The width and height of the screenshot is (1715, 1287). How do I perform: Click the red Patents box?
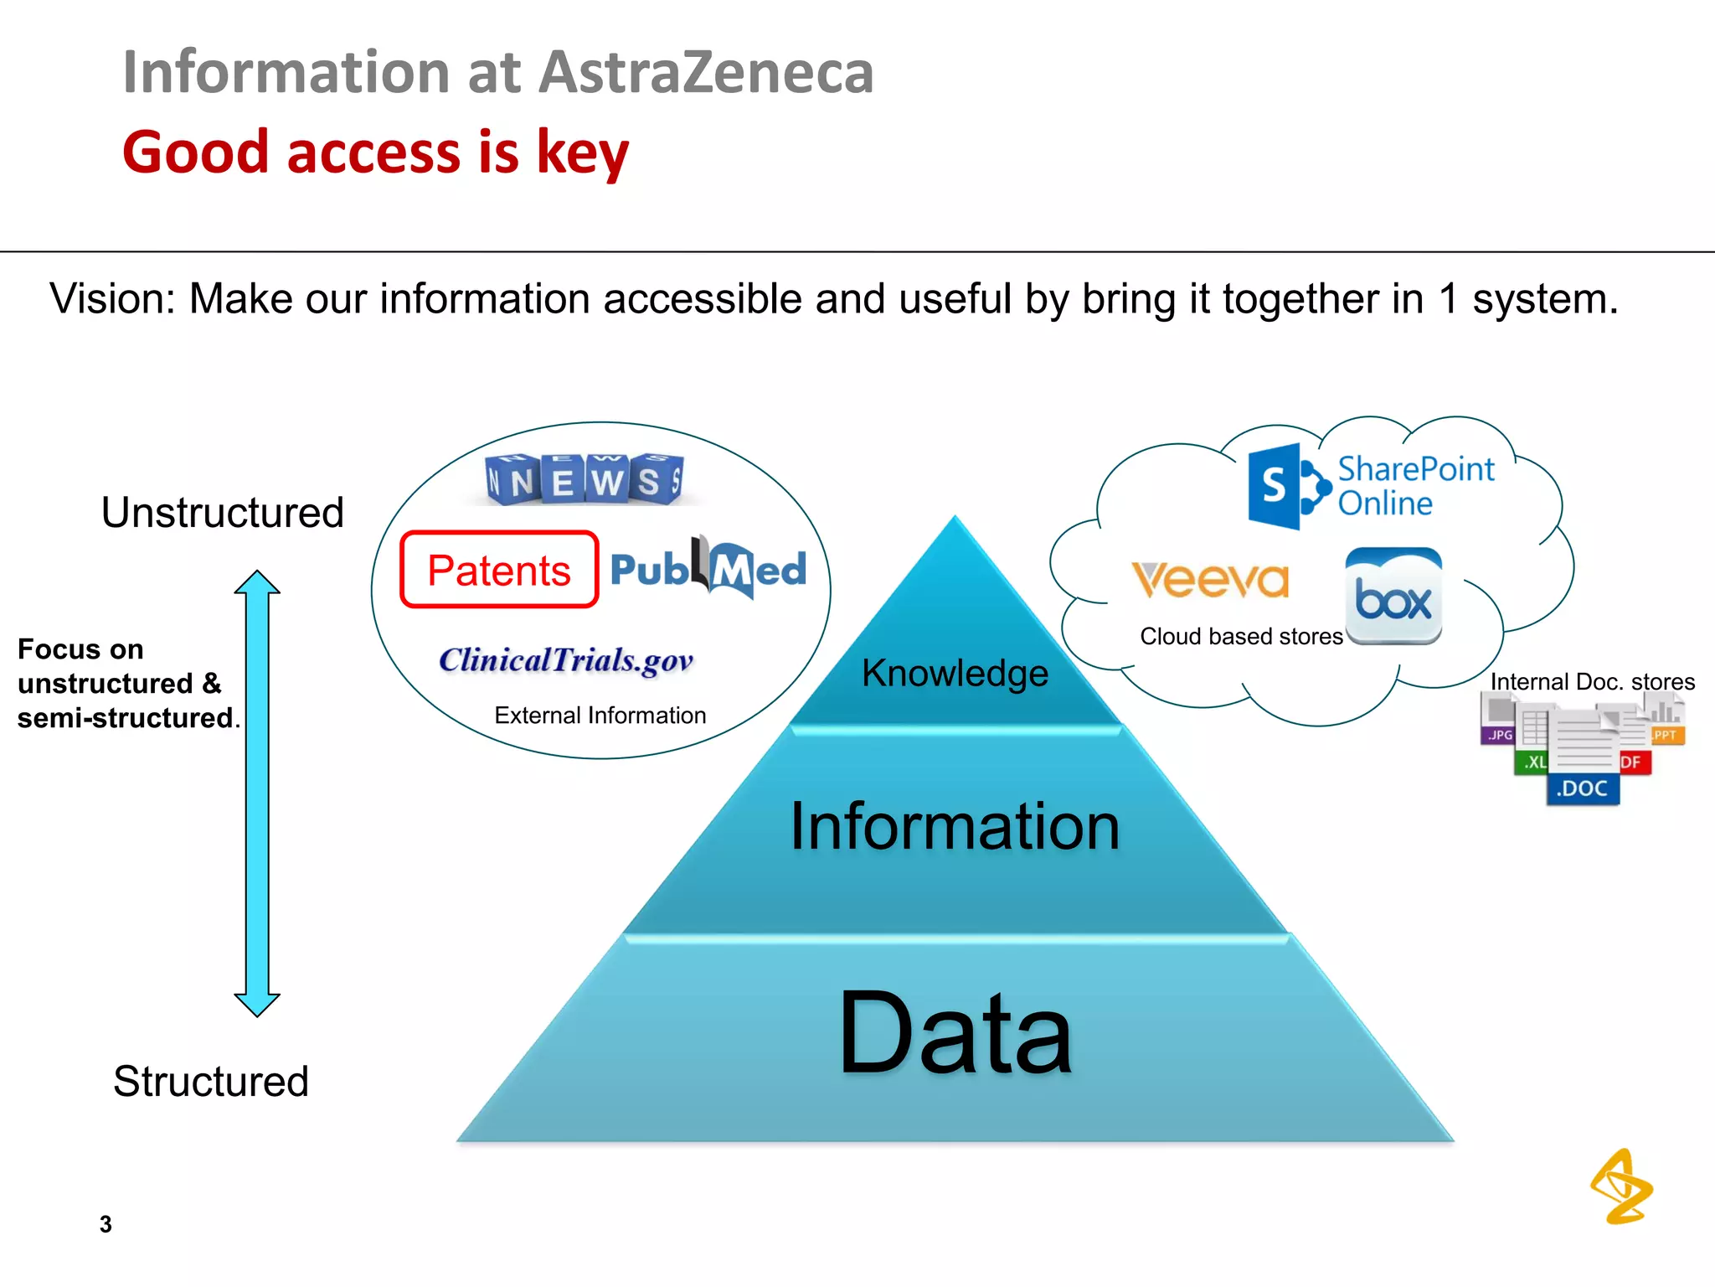(x=499, y=570)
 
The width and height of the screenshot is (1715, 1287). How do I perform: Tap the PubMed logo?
(x=708, y=569)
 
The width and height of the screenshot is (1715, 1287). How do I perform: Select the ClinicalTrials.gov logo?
(x=566, y=660)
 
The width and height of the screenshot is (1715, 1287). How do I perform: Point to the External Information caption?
(x=600, y=716)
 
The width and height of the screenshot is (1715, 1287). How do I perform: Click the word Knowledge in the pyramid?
(x=955, y=674)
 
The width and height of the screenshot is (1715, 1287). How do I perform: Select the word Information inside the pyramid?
(x=955, y=827)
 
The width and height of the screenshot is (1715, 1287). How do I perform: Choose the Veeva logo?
(x=1210, y=580)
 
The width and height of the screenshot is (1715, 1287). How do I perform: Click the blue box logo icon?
(x=1393, y=597)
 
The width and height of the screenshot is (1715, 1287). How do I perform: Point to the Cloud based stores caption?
(x=1241, y=637)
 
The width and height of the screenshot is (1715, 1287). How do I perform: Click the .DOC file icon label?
(x=1582, y=788)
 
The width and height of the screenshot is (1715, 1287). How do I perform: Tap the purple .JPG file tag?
(x=1499, y=735)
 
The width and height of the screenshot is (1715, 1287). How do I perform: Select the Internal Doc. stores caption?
(x=1592, y=682)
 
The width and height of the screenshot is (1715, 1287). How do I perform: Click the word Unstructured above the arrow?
(x=223, y=513)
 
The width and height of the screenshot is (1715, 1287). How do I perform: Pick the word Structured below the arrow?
(x=211, y=1082)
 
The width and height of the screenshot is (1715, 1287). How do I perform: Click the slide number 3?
(x=106, y=1224)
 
